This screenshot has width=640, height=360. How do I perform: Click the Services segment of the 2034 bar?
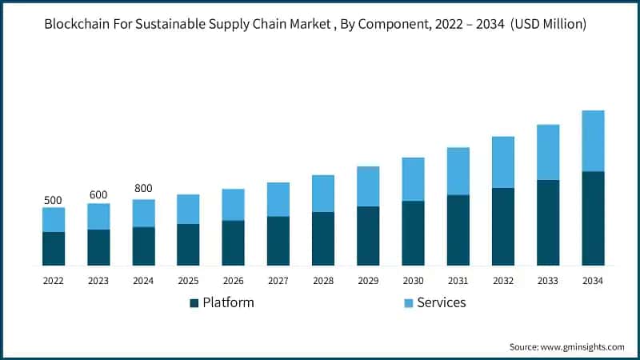(x=593, y=141)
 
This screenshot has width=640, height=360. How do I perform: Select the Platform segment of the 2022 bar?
(x=54, y=249)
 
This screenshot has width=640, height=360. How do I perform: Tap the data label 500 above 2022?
(x=53, y=200)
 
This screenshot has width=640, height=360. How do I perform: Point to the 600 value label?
(x=98, y=195)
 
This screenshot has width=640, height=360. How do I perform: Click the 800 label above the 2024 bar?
(x=143, y=189)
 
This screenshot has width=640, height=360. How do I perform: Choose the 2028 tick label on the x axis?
(x=322, y=281)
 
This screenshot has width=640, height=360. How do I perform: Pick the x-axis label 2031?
(x=458, y=281)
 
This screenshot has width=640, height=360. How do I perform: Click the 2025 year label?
(x=188, y=281)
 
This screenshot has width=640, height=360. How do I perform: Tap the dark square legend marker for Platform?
(x=194, y=303)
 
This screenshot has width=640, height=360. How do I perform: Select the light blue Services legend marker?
(x=408, y=303)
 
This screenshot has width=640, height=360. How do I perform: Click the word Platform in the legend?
(x=228, y=302)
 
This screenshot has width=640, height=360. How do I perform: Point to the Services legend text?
(x=441, y=302)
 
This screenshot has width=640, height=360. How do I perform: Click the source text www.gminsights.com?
(x=582, y=346)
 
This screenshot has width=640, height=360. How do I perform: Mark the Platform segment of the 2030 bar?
(x=413, y=233)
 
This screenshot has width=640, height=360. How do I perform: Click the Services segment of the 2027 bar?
(x=278, y=199)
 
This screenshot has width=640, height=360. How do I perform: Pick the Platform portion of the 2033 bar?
(x=548, y=222)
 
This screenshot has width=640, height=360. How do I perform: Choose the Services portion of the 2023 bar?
(x=98, y=216)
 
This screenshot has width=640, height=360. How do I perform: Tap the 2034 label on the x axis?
(x=593, y=281)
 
